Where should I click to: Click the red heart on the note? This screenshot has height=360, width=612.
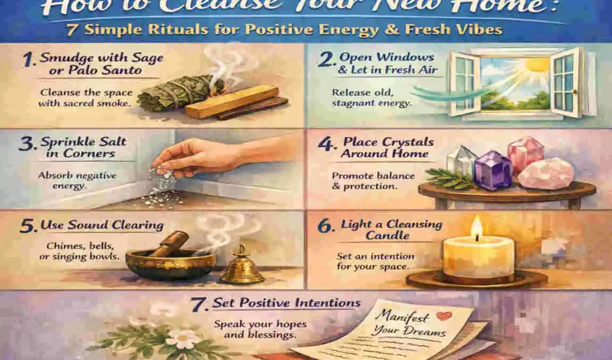pyautogui.click(x=443, y=316)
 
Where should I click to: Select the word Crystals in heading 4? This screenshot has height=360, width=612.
pyautogui.click(x=410, y=143)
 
